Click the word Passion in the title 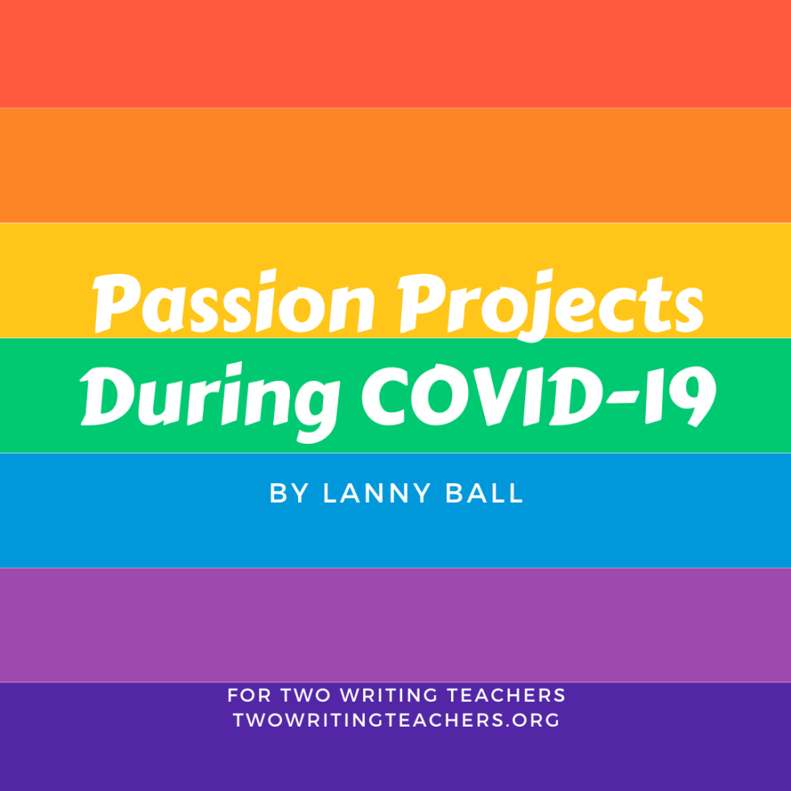[x=234, y=301]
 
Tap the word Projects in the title [x=550, y=305]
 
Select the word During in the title [x=210, y=402]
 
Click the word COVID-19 [x=539, y=396]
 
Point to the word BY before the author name [x=289, y=493]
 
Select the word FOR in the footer [x=249, y=695]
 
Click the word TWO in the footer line [x=306, y=695]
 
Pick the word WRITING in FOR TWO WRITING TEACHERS [x=389, y=695]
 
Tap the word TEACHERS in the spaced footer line [x=507, y=695]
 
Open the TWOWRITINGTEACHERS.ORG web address [x=396, y=720]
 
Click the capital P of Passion [x=116, y=303]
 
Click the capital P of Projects [x=422, y=303]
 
